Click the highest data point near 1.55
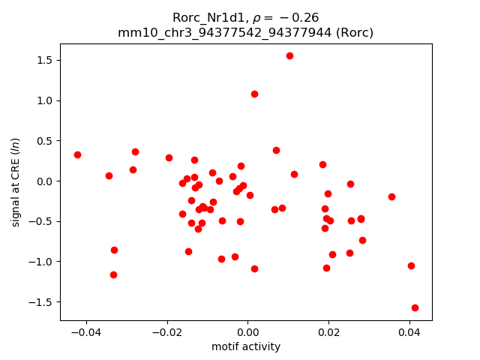289,55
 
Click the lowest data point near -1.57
415,307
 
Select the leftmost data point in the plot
77,154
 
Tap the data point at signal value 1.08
254,94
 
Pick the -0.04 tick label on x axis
86,333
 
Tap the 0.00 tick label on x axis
247,333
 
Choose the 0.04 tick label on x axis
409,333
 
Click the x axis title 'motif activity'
246,347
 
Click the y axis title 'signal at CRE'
16,182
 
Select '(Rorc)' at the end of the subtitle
355,32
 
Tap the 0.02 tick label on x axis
328,333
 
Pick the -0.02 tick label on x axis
166,333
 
